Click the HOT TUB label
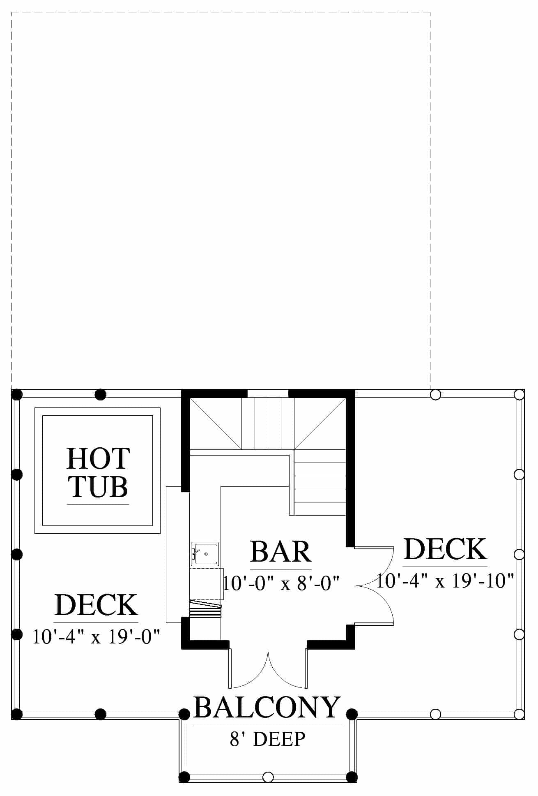pos(98,472)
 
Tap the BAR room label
pos(281,551)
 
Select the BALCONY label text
pos(267,707)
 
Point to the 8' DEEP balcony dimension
pos(268,738)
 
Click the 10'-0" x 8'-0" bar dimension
pos(281,583)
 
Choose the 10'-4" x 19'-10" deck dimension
pos(446,581)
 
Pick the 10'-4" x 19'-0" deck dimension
pos(96,636)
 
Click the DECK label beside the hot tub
pos(96,605)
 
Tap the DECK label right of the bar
pos(446,549)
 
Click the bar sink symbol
pos(205,554)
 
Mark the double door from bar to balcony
pos(268,669)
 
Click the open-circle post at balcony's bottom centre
pos(268,777)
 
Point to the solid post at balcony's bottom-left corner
pos(184,777)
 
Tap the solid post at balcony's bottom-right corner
pos(352,777)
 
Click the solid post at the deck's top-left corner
pos(16,395)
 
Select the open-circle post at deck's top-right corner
pos(519,395)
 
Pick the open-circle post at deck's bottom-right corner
pos(519,714)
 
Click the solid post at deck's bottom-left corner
pos(16,714)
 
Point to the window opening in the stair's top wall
pos(268,393)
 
